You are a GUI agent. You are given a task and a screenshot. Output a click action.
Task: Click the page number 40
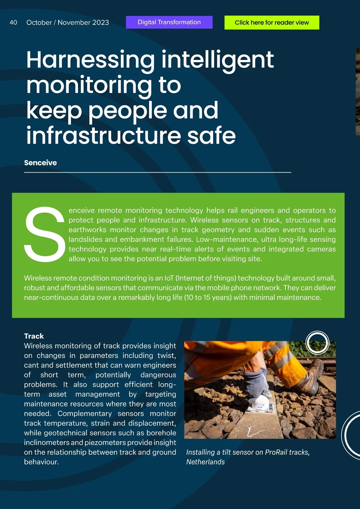(13, 23)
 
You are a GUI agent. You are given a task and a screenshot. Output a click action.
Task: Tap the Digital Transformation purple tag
(169, 22)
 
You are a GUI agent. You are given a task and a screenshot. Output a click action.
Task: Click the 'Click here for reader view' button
(271, 23)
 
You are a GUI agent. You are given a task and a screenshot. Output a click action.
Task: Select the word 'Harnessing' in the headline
(90, 60)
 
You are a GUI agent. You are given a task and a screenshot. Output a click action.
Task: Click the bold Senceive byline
(40, 163)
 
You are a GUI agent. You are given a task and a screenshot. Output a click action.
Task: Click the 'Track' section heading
(34, 336)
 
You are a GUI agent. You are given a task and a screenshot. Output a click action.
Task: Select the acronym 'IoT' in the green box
(169, 278)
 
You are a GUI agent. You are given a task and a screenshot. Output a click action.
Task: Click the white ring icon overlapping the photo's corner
(317, 342)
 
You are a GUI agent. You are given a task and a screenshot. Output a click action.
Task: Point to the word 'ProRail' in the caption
(276, 452)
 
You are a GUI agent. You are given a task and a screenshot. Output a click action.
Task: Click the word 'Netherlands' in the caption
(205, 462)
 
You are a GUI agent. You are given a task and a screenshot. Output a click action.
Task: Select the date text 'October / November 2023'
(67, 23)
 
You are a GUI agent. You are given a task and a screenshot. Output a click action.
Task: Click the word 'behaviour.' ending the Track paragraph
(41, 462)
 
